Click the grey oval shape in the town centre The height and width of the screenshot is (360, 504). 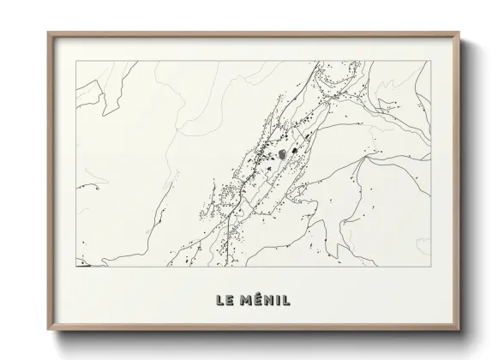point(281,155)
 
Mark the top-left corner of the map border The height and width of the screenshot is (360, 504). point(76,61)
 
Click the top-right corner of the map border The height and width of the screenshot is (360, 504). point(429,61)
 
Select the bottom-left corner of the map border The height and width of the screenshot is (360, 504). point(76,267)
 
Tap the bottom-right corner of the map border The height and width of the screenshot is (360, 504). point(429,267)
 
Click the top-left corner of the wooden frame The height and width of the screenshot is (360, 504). point(48,33)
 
